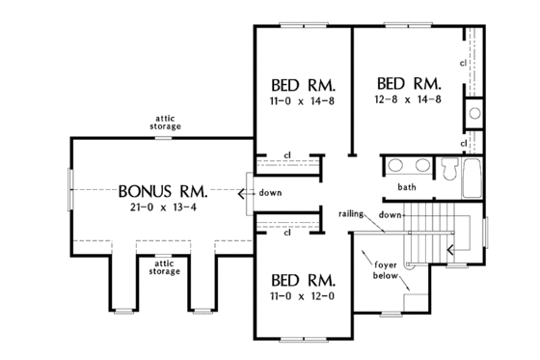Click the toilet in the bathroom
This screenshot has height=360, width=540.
(x=449, y=170)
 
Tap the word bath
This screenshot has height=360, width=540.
(x=407, y=186)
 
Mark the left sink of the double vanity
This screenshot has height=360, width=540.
(x=397, y=165)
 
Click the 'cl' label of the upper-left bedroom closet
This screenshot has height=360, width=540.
(x=287, y=154)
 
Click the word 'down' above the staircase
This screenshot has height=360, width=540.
(x=391, y=213)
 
